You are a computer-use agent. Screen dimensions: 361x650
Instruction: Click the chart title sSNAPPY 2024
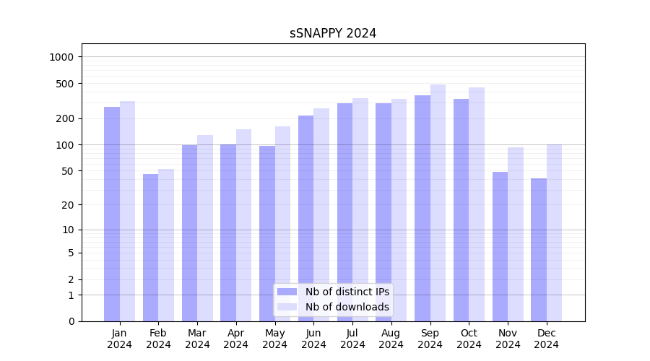tap(333, 33)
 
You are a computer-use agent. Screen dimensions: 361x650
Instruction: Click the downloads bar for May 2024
tap(282, 224)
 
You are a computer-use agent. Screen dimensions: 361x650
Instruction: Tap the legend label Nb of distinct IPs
tap(347, 292)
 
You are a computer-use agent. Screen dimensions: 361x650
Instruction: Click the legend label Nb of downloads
tap(347, 307)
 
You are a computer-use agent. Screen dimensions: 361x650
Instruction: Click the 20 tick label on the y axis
tap(68, 205)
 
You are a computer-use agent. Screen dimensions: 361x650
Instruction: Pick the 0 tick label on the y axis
tap(71, 321)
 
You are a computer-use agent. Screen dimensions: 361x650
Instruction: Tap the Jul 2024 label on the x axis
tap(352, 339)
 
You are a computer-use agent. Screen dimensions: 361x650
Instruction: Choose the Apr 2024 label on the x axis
tap(236, 339)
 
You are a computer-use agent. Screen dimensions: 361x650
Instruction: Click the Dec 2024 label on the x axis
tap(547, 339)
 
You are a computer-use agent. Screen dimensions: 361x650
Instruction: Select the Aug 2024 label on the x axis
tap(391, 339)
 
